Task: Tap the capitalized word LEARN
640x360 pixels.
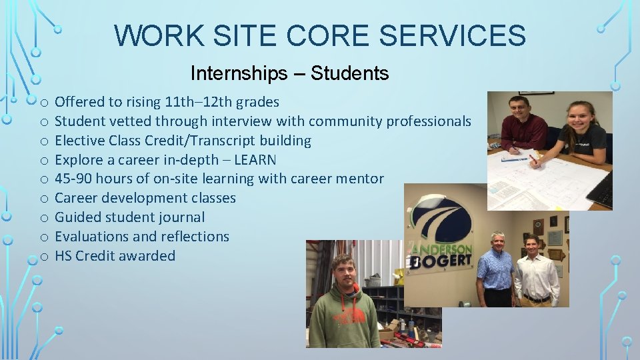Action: click(255, 160)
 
